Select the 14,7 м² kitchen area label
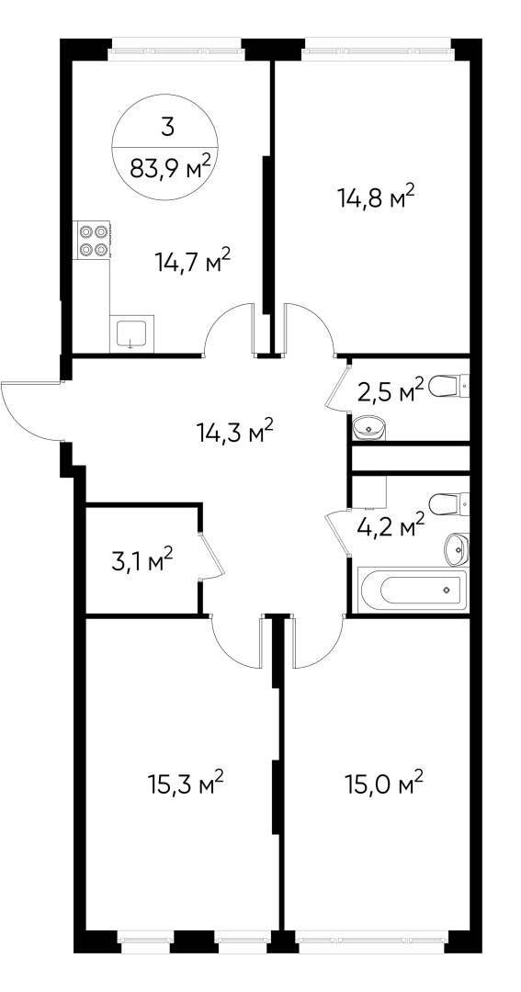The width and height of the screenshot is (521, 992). tap(192, 264)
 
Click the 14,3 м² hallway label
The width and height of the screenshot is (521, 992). tap(236, 431)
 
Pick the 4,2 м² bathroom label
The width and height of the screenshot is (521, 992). tap(390, 525)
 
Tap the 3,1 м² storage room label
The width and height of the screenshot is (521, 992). tap(142, 560)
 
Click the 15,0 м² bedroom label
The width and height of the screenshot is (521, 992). tap(383, 784)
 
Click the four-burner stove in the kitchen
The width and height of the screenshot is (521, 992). tap(92, 239)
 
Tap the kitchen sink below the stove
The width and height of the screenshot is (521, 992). tap(131, 333)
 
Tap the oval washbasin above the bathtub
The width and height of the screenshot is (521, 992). tap(456, 549)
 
